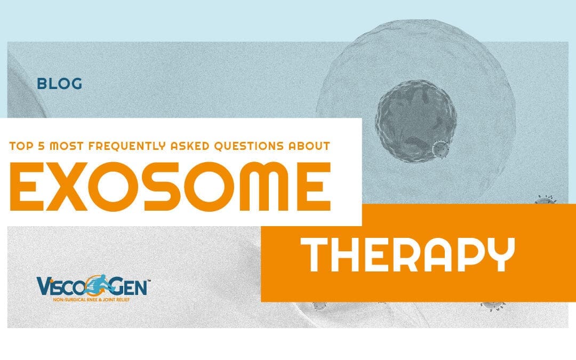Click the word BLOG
click(x=59, y=84)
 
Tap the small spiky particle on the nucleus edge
click(x=440, y=150)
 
